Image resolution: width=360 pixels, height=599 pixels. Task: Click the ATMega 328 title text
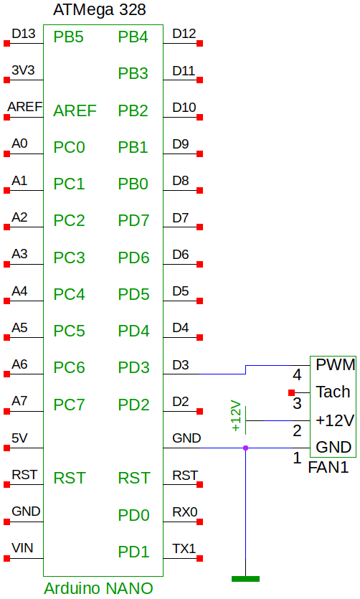pos(99,10)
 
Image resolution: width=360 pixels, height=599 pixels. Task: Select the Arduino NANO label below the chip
pos(98,588)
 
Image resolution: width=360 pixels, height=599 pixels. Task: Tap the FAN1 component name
pos(328,467)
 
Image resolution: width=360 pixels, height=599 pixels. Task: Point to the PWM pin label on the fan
pos(336,365)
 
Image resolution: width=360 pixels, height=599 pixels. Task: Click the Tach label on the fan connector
pos(333,392)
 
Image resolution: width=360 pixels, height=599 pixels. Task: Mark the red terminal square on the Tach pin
pos(292,392)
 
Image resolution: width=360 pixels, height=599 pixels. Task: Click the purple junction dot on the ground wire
pos(245,448)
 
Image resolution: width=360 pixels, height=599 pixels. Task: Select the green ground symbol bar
pos(245,579)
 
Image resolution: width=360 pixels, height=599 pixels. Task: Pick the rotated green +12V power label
pos(237,416)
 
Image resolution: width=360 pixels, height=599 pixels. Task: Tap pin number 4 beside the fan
pos(297,375)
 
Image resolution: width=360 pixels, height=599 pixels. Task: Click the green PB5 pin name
pos(68,37)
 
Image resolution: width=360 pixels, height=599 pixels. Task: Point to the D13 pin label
pos(24,34)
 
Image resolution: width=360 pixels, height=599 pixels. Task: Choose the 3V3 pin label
pos(23,70)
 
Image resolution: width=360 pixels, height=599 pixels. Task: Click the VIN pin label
pos(22,548)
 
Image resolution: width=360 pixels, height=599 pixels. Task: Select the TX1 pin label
pos(184,549)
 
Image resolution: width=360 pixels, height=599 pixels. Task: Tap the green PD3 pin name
pos(133,367)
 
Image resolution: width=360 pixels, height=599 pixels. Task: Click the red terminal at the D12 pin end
pos(199,44)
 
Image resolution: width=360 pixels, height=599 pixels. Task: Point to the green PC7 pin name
pos(69,405)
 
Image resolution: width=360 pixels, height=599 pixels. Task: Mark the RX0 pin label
pos(185,512)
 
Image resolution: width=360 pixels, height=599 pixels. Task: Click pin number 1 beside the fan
pos(297,458)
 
